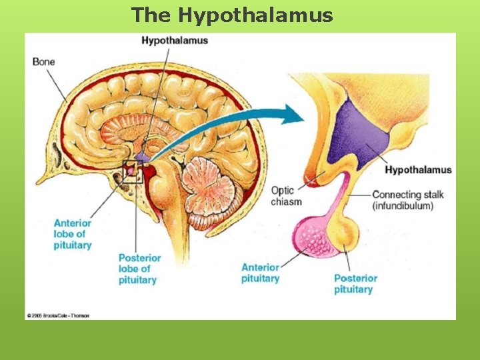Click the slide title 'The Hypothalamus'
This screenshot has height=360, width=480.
click(232, 15)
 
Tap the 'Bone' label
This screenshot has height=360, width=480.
click(43, 62)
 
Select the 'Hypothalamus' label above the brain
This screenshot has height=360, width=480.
click(175, 40)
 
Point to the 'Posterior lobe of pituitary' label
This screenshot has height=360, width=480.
click(139, 269)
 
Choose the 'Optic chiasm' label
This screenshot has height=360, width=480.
click(286, 196)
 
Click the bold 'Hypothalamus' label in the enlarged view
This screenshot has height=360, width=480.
click(418, 169)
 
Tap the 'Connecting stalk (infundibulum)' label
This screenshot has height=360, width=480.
click(407, 200)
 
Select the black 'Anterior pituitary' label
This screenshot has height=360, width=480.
click(260, 273)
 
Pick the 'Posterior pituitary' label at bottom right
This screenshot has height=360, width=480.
click(355, 283)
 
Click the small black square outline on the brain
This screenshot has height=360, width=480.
click(132, 172)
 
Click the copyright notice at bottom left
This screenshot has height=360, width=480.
click(58, 315)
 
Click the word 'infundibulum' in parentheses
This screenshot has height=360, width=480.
click(403, 206)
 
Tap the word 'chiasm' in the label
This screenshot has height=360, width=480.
click(286, 201)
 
